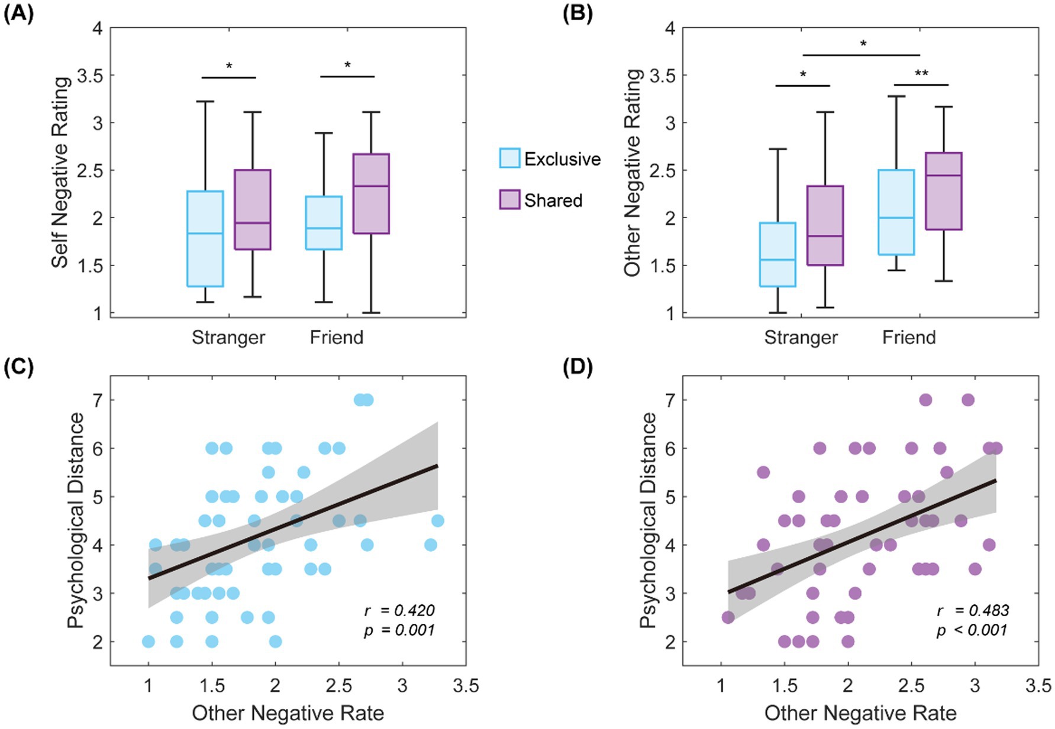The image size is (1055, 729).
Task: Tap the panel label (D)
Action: coord(577,367)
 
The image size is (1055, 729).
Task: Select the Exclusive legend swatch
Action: coord(509,158)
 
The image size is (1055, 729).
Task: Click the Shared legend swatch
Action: coord(509,200)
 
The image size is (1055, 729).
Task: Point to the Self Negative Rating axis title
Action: coord(60,171)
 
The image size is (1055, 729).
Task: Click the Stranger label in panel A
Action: coord(228,337)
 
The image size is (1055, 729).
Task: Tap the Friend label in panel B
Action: coord(909,337)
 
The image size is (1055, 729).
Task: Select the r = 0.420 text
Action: coord(399,610)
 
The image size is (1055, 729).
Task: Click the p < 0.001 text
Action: coord(972,630)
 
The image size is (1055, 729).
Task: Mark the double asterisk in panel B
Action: coord(921,74)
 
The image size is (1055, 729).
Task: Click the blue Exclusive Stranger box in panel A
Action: coord(205,239)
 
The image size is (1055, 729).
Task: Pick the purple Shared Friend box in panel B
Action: coord(944,191)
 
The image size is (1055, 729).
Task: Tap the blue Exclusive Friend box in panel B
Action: coord(896,212)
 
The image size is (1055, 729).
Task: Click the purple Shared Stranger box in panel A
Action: coord(253,209)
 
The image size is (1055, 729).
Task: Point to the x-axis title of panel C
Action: coord(288,713)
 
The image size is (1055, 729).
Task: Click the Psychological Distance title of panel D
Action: coord(648,520)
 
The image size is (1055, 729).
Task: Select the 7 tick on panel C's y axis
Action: coord(98,400)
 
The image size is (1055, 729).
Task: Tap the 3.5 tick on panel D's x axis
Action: coord(1038,686)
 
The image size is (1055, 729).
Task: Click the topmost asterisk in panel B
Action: coord(863,44)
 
